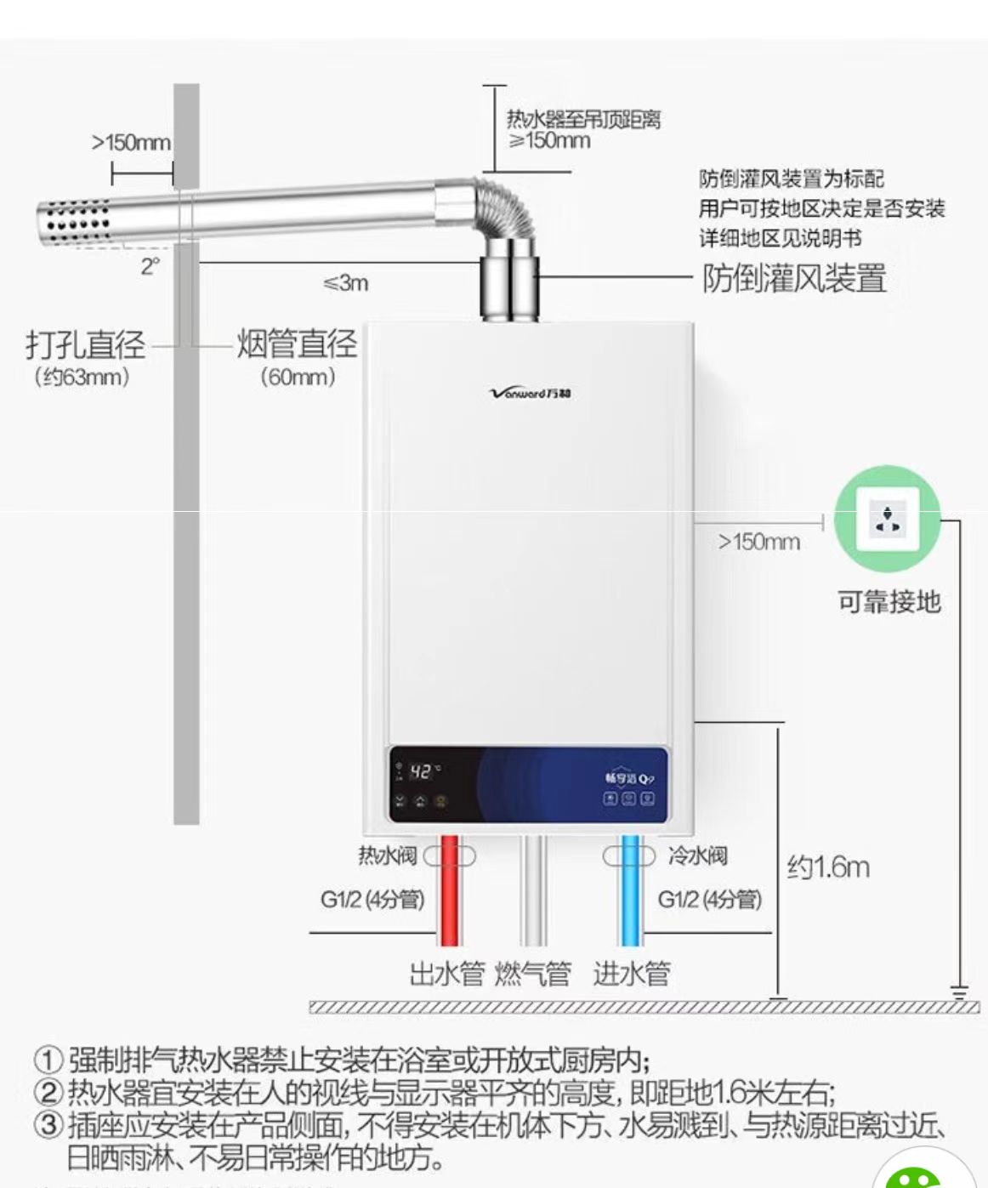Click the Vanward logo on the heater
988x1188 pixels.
pos(531,393)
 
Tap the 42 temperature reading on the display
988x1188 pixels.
pos(421,771)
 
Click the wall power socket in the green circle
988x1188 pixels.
pos(888,519)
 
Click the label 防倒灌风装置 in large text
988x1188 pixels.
pos(794,279)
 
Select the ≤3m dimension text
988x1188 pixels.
pos(346,282)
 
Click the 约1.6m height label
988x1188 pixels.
pos(828,867)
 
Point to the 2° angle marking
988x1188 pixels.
pos(150,266)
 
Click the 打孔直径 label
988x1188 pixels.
pos(85,344)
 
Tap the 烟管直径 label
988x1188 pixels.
pos(297,344)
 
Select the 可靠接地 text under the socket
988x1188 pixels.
pos(889,602)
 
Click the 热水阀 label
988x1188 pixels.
pos(387,855)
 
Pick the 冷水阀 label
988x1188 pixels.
pos(697,855)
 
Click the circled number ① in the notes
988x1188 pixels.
pos(48,1061)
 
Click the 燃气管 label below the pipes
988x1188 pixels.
pos(532,973)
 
